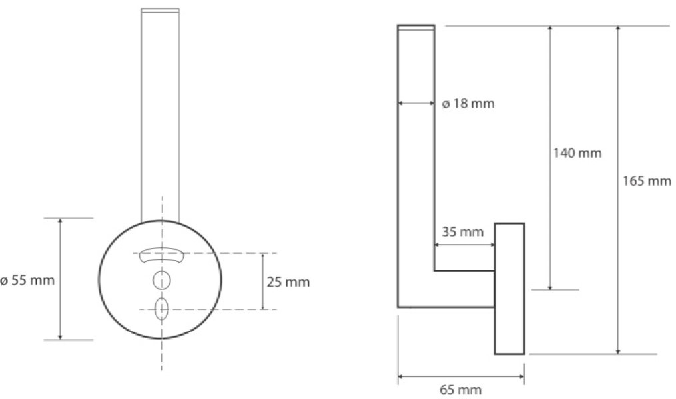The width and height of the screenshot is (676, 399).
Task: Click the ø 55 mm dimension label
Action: (x=27, y=280)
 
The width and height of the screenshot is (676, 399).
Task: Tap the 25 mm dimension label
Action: (x=288, y=282)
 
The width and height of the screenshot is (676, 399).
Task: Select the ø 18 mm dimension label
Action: (x=468, y=104)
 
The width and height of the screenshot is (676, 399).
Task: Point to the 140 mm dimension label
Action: (x=577, y=153)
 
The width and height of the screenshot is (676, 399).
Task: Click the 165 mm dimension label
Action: (x=647, y=180)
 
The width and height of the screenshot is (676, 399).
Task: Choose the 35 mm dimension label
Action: (x=463, y=232)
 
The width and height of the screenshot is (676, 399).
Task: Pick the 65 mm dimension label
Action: (x=460, y=390)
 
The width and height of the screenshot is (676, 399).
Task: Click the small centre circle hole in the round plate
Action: (x=162, y=280)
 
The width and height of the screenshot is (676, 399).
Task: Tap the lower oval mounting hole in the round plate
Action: (x=162, y=309)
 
